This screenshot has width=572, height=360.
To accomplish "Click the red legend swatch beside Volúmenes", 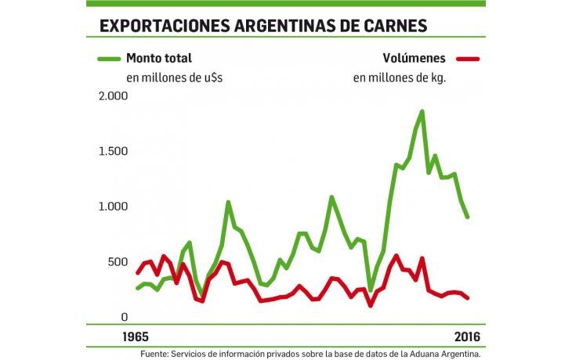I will tap(467, 59).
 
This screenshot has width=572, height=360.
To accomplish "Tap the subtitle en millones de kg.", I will tap(399, 78).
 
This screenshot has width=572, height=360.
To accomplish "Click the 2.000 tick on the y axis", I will tap(112, 96).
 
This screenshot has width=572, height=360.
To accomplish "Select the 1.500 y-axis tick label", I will tap(112, 151).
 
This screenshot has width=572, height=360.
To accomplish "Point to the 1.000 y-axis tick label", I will tap(112, 207).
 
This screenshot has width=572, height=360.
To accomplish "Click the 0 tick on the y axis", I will tap(123, 317).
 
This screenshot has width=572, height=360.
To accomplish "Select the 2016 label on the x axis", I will tap(469, 337).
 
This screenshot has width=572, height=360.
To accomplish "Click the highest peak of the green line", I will tap(422, 112).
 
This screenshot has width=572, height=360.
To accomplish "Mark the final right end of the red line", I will tap(468, 298).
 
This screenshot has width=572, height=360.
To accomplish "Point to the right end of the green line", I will tap(468, 217).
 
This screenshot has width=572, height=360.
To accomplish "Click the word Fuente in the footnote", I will tap(159, 354).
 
